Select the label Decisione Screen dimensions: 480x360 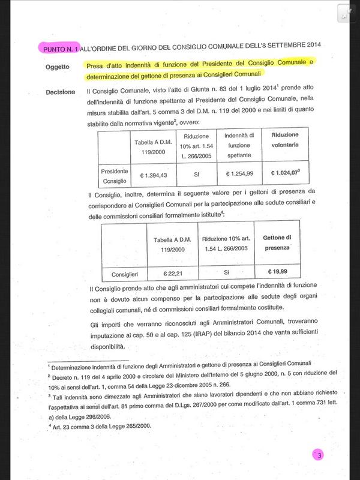[x=60, y=92]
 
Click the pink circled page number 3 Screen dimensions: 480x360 [x=320, y=455]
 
